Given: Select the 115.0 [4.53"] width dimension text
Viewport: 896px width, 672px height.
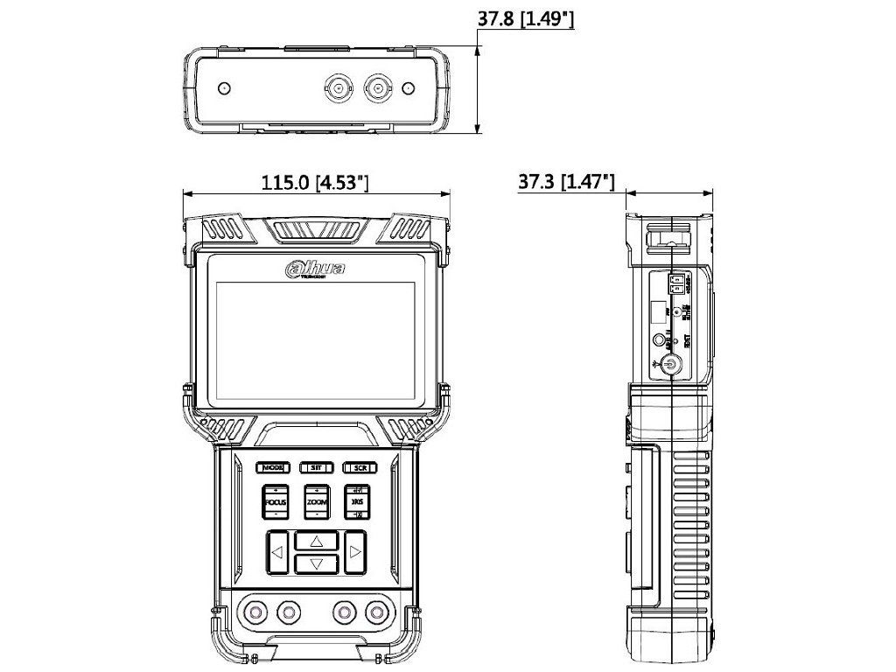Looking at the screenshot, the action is tap(315, 183).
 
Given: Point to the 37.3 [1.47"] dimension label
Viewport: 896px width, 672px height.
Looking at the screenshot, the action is tap(566, 182).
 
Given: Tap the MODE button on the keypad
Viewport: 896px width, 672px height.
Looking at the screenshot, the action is tap(272, 467).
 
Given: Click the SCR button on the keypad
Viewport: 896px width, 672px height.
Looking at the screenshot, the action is tap(359, 467).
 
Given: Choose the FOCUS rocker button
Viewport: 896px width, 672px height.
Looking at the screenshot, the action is tap(276, 502).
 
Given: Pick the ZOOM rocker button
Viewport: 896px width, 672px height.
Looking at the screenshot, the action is tap(317, 502).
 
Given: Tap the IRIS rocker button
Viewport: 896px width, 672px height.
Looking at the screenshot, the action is tap(358, 502).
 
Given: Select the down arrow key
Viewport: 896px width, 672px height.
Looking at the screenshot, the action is tap(317, 563).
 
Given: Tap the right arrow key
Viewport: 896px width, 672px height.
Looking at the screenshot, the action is tap(355, 552).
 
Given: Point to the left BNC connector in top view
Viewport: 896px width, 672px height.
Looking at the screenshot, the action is tap(337, 87).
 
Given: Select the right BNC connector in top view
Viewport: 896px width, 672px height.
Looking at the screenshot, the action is tap(378, 87).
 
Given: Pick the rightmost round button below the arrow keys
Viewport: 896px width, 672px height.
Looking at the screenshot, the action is tap(377, 610).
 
